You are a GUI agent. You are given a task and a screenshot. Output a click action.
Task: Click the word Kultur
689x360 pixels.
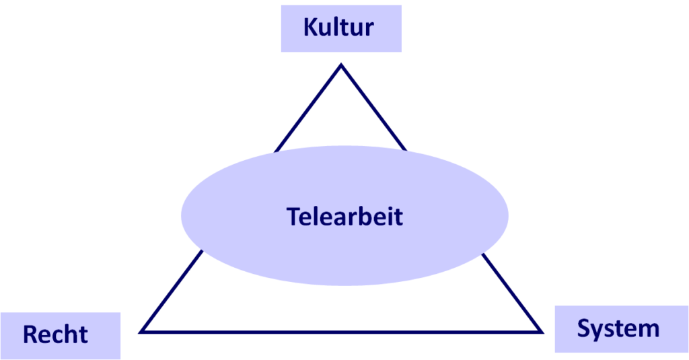coord(338,28)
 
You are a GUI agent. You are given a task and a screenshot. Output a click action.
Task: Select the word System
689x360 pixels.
coord(618,329)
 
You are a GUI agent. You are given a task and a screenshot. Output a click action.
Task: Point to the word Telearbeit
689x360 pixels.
coord(344,216)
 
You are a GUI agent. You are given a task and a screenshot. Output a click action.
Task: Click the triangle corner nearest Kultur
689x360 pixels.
coord(341,65)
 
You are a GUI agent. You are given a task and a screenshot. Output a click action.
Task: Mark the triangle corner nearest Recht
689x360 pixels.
coord(141,332)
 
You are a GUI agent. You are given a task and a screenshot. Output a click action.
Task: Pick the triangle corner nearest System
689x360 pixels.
coord(542,332)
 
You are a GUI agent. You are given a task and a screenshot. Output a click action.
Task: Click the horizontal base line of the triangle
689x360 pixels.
coord(341,332)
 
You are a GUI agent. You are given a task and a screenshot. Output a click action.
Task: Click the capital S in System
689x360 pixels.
coord(584,328)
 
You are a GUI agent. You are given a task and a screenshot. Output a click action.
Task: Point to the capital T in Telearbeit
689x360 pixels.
coord(293,217)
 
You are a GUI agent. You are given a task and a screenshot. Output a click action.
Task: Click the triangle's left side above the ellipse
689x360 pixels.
coord(308,108)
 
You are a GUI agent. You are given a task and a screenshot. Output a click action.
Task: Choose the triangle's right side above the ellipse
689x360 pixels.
coord(374,108)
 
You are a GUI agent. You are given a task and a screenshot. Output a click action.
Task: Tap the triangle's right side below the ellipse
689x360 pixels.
coord(512,292)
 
